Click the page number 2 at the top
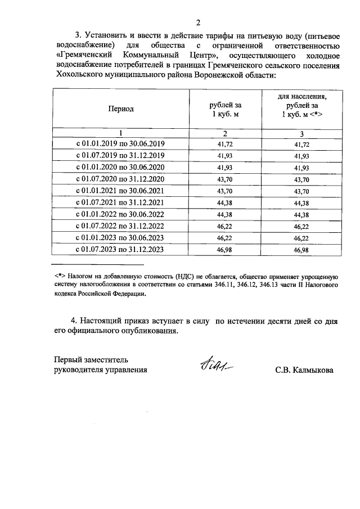tap(198, 22)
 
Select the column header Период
tap(121, 109)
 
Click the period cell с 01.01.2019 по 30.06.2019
tap(120, 144)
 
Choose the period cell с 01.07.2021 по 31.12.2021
tap(120, 202)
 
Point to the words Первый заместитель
tap(92, 359)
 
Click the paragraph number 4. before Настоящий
tap(74, 320)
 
